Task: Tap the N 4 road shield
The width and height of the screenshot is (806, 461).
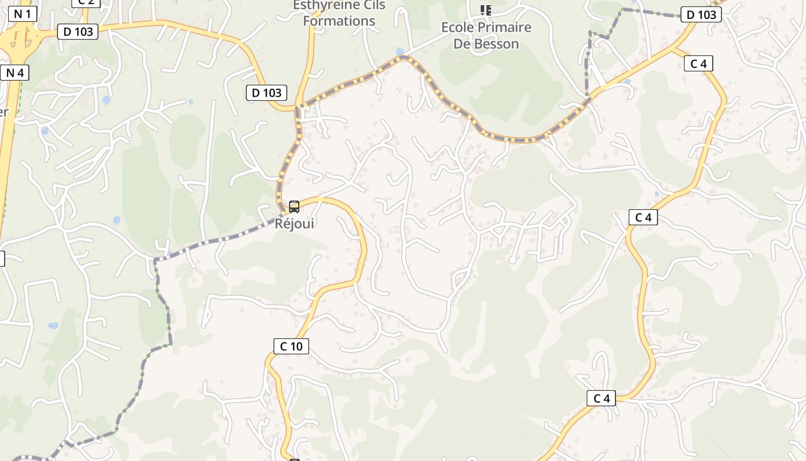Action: click(15, 73)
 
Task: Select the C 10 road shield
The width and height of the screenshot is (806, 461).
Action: click(291, 346)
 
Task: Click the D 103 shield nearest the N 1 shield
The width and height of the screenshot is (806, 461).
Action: click(78, 31)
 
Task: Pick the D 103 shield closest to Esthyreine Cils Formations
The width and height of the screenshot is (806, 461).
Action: click(267, 92)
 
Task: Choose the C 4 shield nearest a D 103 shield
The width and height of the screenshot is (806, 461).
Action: click(698, 63)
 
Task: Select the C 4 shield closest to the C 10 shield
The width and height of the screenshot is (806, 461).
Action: click(601, 398)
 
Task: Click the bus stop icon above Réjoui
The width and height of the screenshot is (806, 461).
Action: click(294, 206)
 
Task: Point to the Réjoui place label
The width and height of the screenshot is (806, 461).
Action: click(294, 223)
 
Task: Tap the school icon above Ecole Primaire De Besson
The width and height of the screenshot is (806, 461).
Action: click(486, 10)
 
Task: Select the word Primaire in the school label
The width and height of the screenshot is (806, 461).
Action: click(504, 27)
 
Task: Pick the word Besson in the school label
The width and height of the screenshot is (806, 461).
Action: click(497, 44)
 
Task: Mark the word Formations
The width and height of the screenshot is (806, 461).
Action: click(339, 21)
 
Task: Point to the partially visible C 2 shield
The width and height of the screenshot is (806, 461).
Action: click(86, 2)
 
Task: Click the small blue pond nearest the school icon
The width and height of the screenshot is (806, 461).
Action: click(400, 52)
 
